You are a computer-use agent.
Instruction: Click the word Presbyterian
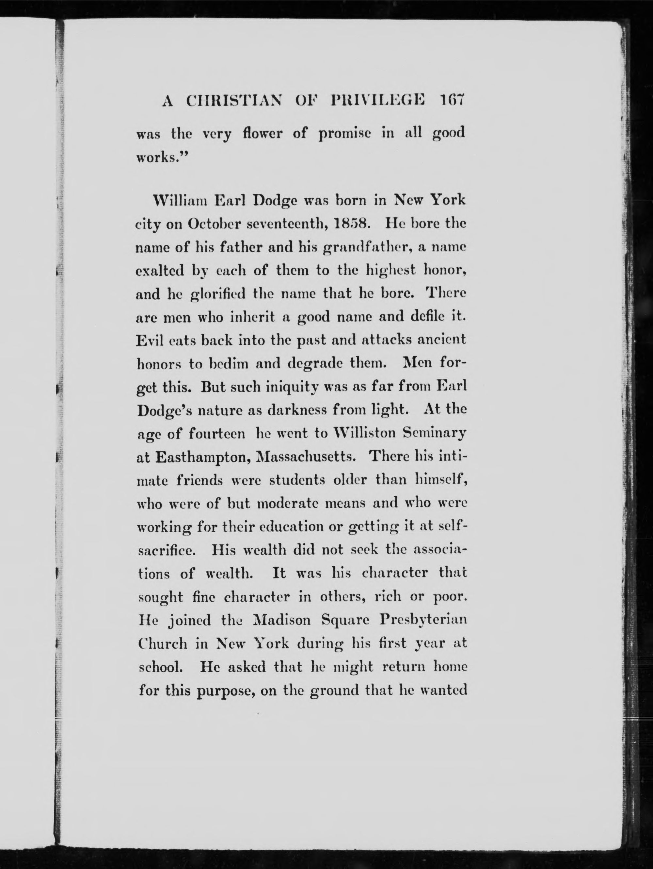[423, 620]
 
